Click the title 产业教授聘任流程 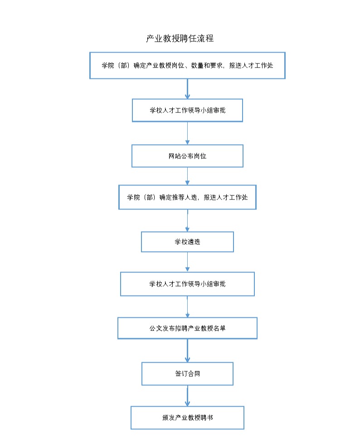(180, 38)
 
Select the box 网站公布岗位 (187, 156)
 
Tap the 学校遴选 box (187, 242)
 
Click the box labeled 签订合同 (187, 374)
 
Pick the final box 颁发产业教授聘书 (187, 418)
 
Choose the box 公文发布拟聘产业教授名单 (187, 328)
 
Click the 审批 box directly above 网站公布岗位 (187, 110)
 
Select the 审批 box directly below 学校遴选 (187, 284)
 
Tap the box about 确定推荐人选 (187, 197)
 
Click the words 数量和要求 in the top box (207, 66)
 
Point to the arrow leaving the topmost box (187, 89)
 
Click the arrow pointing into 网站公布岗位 (187, 133)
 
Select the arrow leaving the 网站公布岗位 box (187, 176)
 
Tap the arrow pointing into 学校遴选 (187, 221)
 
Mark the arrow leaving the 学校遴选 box (187, 262)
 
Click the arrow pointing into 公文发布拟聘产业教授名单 (187, 307)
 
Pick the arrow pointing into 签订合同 (187, 350)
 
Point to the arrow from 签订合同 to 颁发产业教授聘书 (187, 396)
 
